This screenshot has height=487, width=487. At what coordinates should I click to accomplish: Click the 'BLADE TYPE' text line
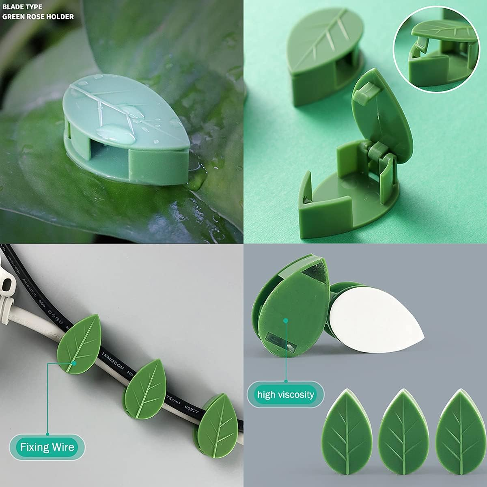coord(22,7)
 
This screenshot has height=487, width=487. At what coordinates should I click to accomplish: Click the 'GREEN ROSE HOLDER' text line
coord(38,17)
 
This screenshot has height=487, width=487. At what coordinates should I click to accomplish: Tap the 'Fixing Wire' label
coord(47,447)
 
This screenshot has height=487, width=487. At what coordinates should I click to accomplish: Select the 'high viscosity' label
coord(286,394)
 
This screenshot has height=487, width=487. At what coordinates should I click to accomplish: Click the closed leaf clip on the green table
coord(321,61)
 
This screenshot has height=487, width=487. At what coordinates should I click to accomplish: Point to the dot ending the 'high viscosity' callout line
coord(286,320)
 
